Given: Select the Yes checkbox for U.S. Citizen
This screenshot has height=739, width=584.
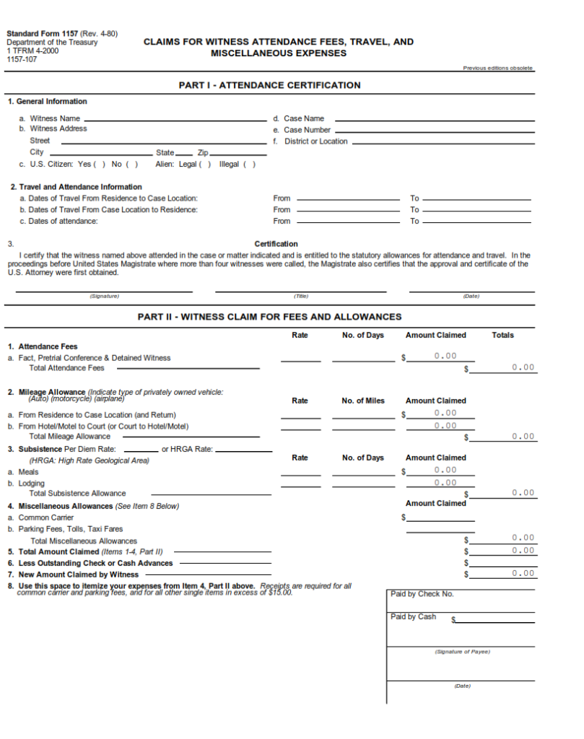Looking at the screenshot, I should point(100,164).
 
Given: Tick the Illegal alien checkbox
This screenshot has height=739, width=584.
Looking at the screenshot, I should point(248,164).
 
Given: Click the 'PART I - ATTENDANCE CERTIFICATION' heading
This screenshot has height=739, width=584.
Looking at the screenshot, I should point(269,85).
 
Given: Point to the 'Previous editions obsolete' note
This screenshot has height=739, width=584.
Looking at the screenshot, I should point(497,68).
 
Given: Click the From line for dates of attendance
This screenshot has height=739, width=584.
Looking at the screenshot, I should point(348,221).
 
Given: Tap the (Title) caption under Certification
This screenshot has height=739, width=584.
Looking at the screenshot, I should point(300,296).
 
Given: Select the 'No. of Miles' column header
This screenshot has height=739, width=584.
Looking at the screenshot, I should point(363,401).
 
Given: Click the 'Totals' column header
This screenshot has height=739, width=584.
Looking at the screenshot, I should point(503,335).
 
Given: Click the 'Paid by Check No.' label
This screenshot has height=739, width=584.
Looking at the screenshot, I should point(422,594).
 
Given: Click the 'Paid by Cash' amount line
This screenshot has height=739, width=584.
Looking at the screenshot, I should point(495,619).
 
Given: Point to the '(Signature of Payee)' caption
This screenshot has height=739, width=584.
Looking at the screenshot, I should point(462,652).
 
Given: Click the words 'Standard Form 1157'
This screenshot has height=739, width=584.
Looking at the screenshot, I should point(42,33).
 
